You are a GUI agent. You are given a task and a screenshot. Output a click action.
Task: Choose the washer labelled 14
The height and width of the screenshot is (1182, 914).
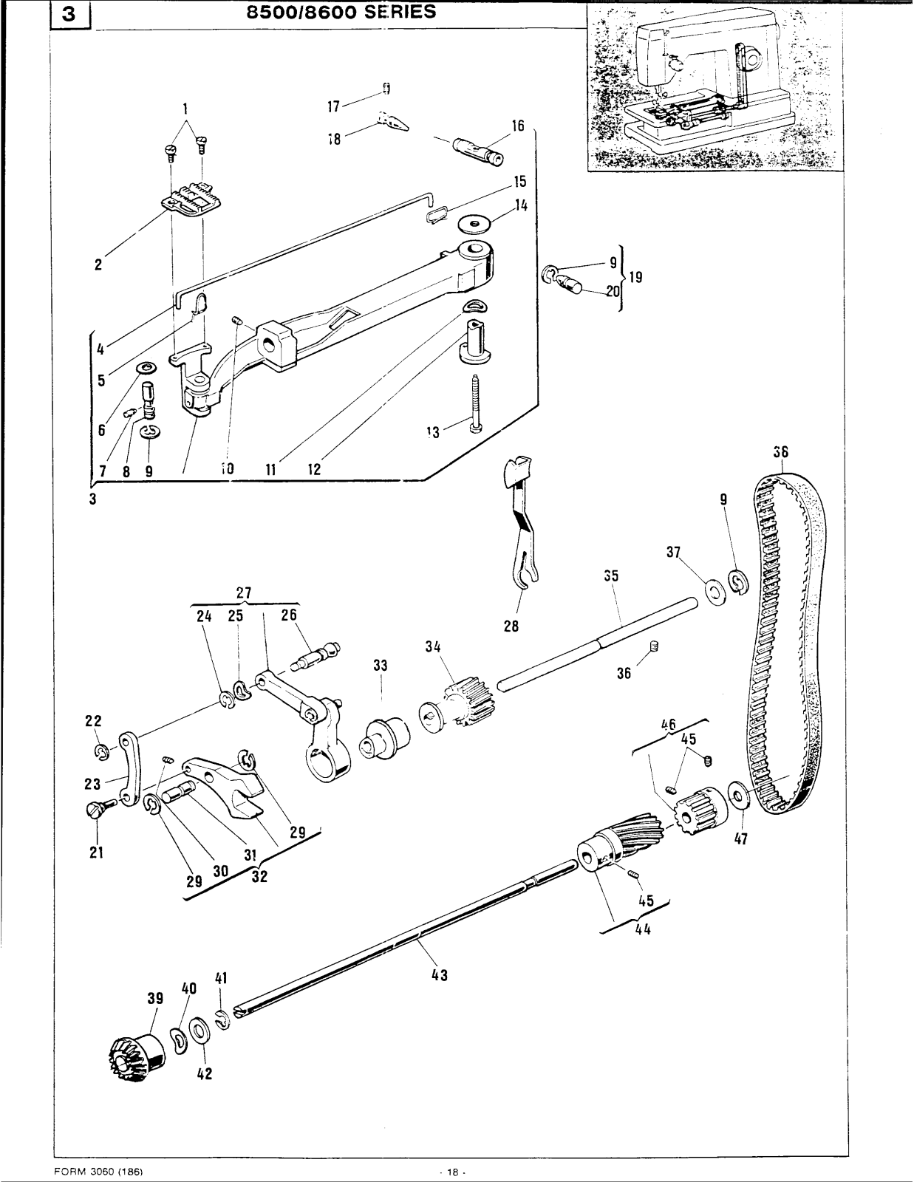pyautogui.click(x=476, y=222)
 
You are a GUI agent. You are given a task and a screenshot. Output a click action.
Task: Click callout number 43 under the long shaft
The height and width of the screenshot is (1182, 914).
pyautogui.click(x=439, y=974)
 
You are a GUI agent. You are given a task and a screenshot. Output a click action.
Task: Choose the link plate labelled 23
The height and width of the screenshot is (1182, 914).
pyautogui.click(x=129, y=768)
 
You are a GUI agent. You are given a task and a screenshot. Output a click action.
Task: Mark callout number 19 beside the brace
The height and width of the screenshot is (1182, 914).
pyautogui.click(x=635, y=277)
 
